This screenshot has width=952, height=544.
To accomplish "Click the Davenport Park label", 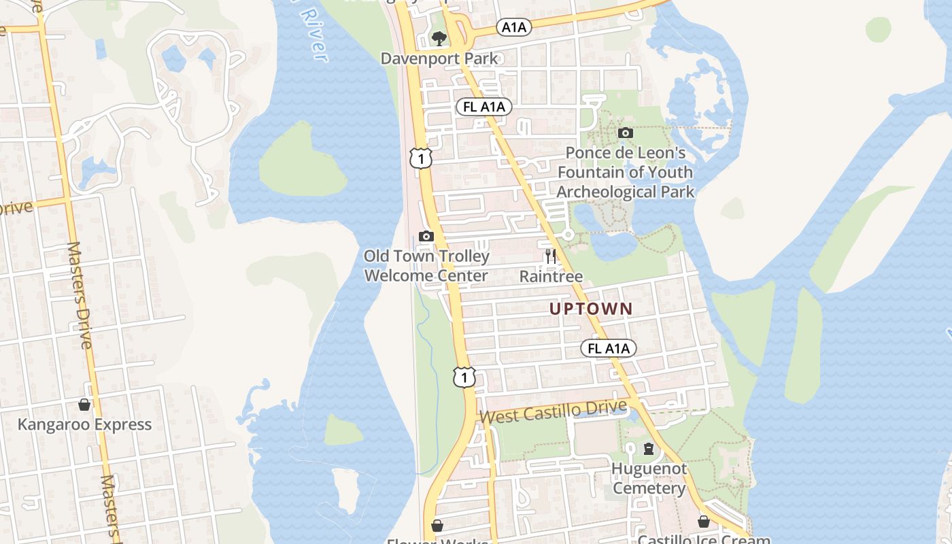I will coord(439,58).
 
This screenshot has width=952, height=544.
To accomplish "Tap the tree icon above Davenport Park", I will coord(439,38).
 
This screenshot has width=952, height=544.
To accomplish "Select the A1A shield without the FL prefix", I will coord(513,27).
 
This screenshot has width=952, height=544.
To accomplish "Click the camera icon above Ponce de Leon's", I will coord(626,133).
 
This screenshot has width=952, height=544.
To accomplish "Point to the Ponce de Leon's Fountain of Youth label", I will coord(625,172).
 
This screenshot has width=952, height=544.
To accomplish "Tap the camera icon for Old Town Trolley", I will coord(426,237).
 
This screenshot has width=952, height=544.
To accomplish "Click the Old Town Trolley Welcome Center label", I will coord(426,266).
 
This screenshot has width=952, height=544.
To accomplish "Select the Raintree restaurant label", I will coord(551,276).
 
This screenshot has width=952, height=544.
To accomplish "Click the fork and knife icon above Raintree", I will coord(551,256).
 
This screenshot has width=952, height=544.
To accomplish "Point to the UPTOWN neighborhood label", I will coord(591,309).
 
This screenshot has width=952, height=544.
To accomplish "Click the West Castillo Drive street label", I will coord(553,411).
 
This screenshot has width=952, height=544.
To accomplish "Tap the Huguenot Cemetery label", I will coord(649,479).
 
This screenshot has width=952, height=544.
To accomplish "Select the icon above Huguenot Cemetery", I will coord(649,449).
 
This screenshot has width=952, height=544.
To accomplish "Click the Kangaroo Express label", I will coord(84,424).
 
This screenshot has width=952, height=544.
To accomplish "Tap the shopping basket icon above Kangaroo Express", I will coord(84,405).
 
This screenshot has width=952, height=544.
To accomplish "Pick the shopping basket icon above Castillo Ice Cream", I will coord(704,522).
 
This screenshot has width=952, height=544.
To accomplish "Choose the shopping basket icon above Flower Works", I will coord(437,526).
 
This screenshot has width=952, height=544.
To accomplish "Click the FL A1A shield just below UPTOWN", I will coord(609,349).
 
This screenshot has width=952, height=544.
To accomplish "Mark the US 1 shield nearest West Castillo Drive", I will coord(464,377).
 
